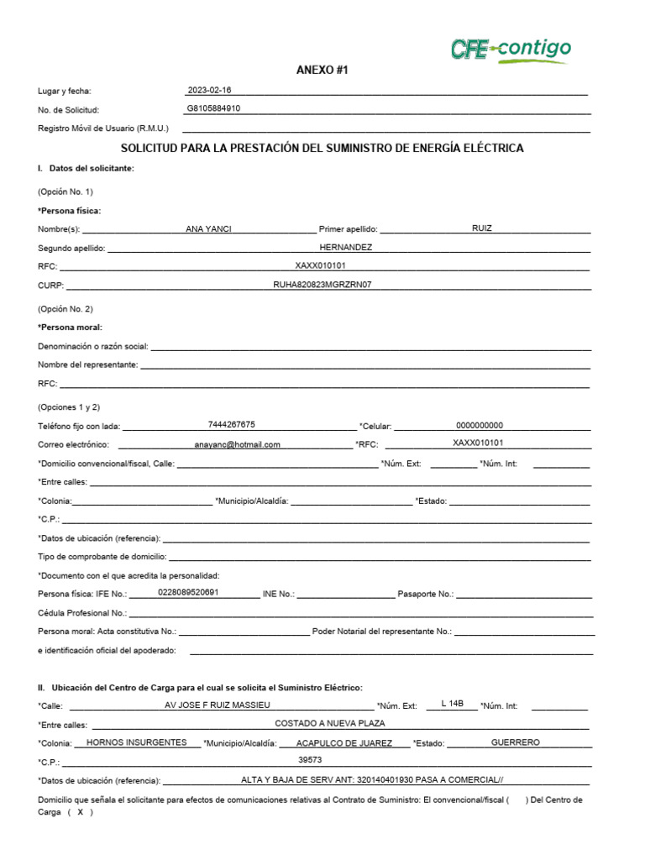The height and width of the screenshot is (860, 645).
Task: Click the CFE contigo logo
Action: click(x=511, y=50)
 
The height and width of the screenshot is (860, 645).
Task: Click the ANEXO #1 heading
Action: click(x=322, y=71)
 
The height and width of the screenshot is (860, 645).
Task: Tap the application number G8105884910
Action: click(x=214, y=108)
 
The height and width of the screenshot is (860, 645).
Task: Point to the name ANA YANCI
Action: click(x=208, y=229)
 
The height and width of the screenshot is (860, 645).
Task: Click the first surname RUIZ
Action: click(x=482, y=228)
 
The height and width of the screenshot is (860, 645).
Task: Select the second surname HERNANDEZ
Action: click(x=345, y=248)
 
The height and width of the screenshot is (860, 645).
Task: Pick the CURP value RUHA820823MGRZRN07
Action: click(x=322, y=285)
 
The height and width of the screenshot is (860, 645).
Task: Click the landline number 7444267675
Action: click(x=232, y=424)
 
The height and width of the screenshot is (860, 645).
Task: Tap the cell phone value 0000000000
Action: click(x=480, y=425)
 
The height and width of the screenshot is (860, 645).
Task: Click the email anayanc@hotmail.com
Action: click(x=237, y=445)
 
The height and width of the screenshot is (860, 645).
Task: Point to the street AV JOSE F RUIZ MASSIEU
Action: click(x=218, y=705)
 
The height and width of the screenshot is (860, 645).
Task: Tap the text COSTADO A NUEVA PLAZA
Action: click(x=330, y=723)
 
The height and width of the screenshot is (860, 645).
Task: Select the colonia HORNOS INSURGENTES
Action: click(x=137, y=742)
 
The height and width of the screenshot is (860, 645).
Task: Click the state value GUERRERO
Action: click(x=515, y=742)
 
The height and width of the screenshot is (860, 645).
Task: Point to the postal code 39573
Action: click(x=311, y=760)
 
